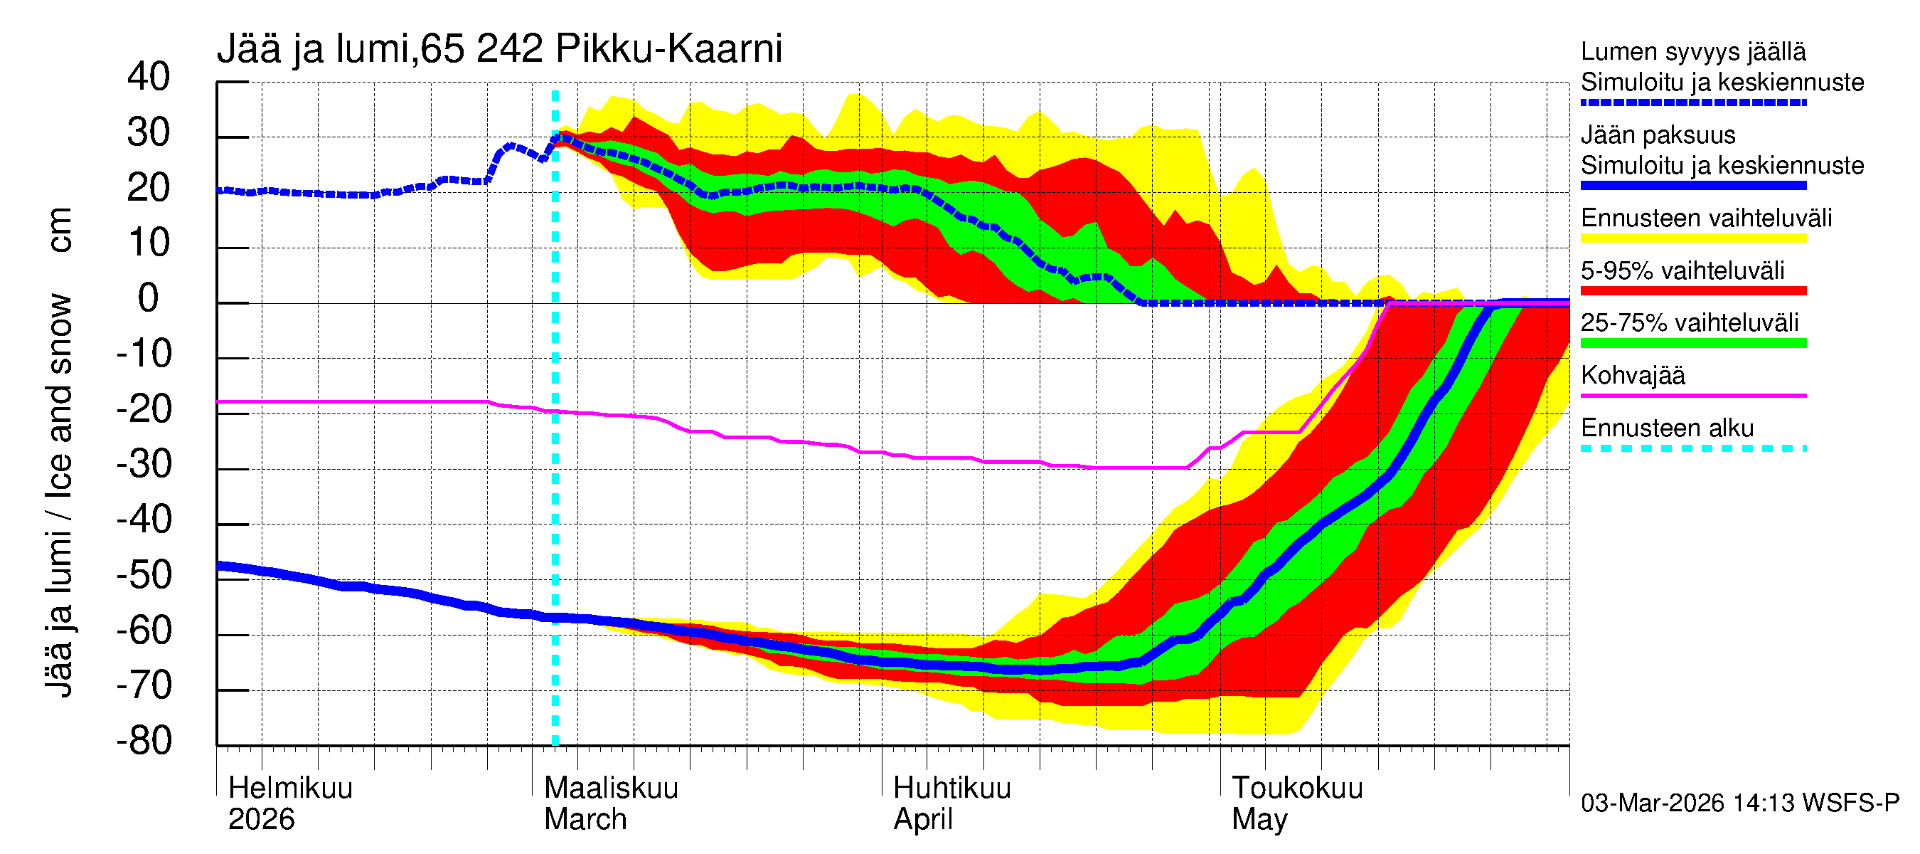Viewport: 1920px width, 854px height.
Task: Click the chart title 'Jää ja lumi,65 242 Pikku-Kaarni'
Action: (x=498, y=49)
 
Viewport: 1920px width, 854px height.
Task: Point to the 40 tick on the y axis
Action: (x=149, y=77)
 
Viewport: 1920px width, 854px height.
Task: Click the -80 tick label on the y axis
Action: (x=144, y=742)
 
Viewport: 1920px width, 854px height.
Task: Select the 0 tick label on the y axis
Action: (x=149, y=298)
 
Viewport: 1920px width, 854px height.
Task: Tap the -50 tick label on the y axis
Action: (x=144, y=575)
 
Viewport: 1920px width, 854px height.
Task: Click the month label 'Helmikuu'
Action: (x=290, y=788)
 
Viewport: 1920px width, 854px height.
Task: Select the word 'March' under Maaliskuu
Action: (x=585, y=819)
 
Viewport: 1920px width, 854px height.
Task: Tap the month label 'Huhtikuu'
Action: (x=951, y=788)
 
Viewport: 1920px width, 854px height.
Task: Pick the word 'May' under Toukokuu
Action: (x=1259, y=819)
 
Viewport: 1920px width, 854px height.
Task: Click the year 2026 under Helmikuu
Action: (x=261, y=819)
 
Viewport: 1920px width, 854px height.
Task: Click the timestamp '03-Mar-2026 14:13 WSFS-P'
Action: (x=1739, y=803)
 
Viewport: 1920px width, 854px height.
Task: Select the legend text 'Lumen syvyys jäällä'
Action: (x=1693, y=51)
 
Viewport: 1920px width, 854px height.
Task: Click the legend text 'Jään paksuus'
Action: (x=1658, y=135)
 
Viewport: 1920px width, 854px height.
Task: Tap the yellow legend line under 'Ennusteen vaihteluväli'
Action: (x=1693, y=238)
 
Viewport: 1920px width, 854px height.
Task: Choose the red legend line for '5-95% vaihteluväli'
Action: (x=1693, y=291)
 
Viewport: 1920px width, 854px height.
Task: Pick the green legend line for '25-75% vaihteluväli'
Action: (x=1693, y=343)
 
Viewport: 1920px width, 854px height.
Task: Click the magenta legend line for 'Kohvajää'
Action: (x=1693, y=395)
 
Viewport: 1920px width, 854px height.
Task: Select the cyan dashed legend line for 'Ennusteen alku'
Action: (x=1693, y=448)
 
